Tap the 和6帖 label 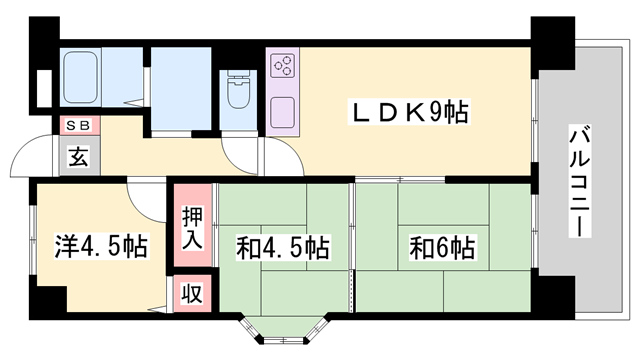tap(441, 245)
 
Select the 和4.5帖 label tap(283, 246)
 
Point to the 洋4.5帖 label tap(101, 246)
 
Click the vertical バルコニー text tap(579, 180)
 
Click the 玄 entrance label tap(77, 156)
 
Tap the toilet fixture tap(238, 96)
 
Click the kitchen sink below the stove tap(281, 109)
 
